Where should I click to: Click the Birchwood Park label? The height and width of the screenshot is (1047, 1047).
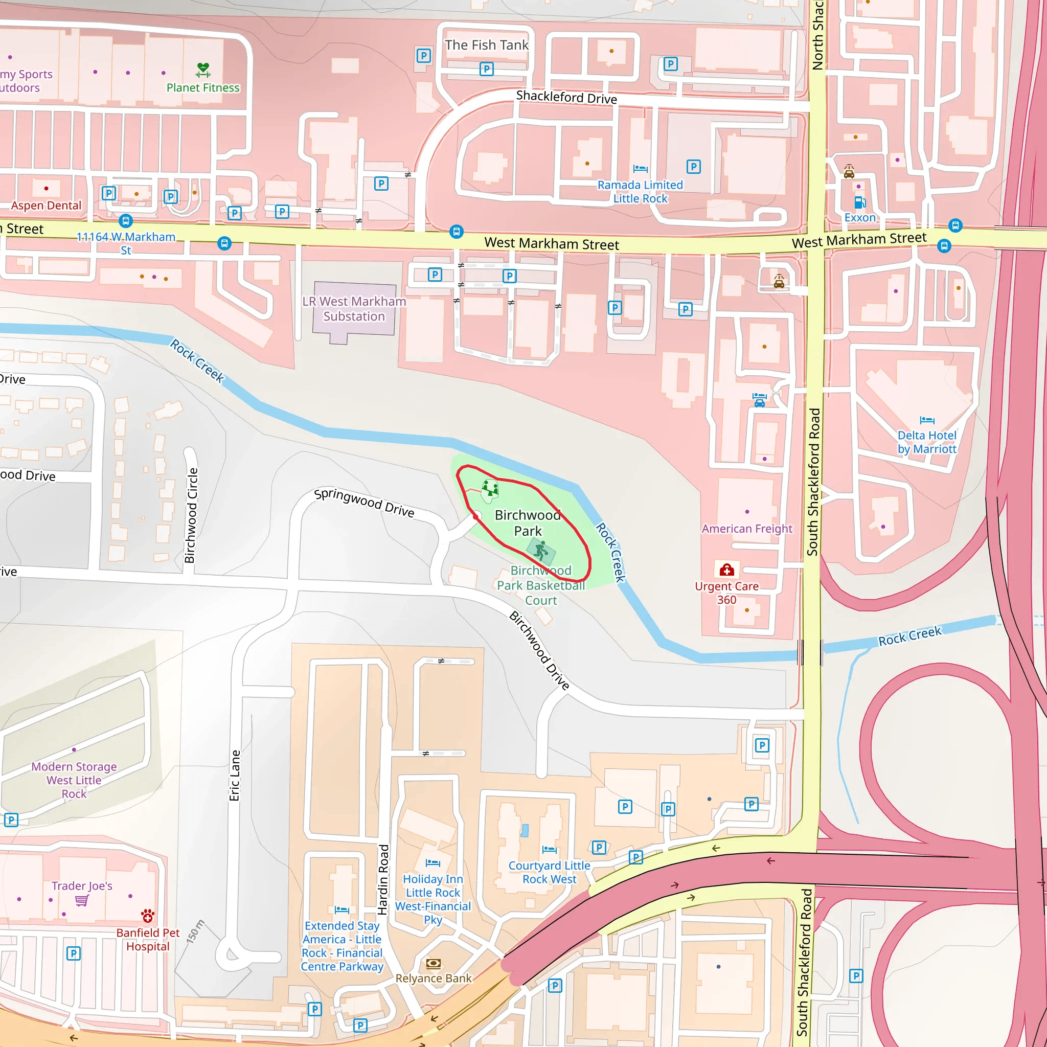click(x=527, y=523)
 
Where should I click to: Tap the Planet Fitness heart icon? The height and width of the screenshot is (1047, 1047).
click(x=203, y=70)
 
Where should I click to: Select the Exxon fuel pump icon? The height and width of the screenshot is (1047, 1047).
click(x=859, y=202)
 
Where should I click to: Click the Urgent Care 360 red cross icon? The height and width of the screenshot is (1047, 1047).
click(x=727, y=570)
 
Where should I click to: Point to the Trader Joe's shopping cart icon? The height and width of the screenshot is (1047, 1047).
click(x=82, y=900)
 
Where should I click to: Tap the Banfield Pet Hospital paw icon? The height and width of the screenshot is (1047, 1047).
click(x=147, y=916)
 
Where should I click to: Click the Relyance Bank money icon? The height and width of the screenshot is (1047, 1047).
click(x=434, y=963)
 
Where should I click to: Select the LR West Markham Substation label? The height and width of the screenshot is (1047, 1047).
click(x=354, y=309)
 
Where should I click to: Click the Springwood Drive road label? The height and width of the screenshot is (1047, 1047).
click(x=364, y=503)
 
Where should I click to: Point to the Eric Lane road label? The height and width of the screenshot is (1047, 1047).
click(x=234, y=776)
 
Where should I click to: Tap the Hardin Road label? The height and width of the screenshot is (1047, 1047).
click(x=383, y=879)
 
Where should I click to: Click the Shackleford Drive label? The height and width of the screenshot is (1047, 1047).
click(x=566, y=98)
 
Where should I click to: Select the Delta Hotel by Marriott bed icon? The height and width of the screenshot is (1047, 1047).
click(x=927, y=420)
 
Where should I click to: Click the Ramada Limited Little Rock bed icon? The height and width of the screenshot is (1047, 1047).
click(x=640, y=169)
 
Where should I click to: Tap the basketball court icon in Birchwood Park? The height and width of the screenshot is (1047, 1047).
click(x=541, y=552)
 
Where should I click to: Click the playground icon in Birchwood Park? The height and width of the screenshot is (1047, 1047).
click(x=490, y=489)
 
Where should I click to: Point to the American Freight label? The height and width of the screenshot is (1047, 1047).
click(x=747, y=529)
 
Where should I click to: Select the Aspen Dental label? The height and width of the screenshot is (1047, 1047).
click(x=46, y=206)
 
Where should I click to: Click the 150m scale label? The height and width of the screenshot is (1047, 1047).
click(x=196, y=931)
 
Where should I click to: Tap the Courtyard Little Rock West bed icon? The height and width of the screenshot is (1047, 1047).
click(x=549, y=849)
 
